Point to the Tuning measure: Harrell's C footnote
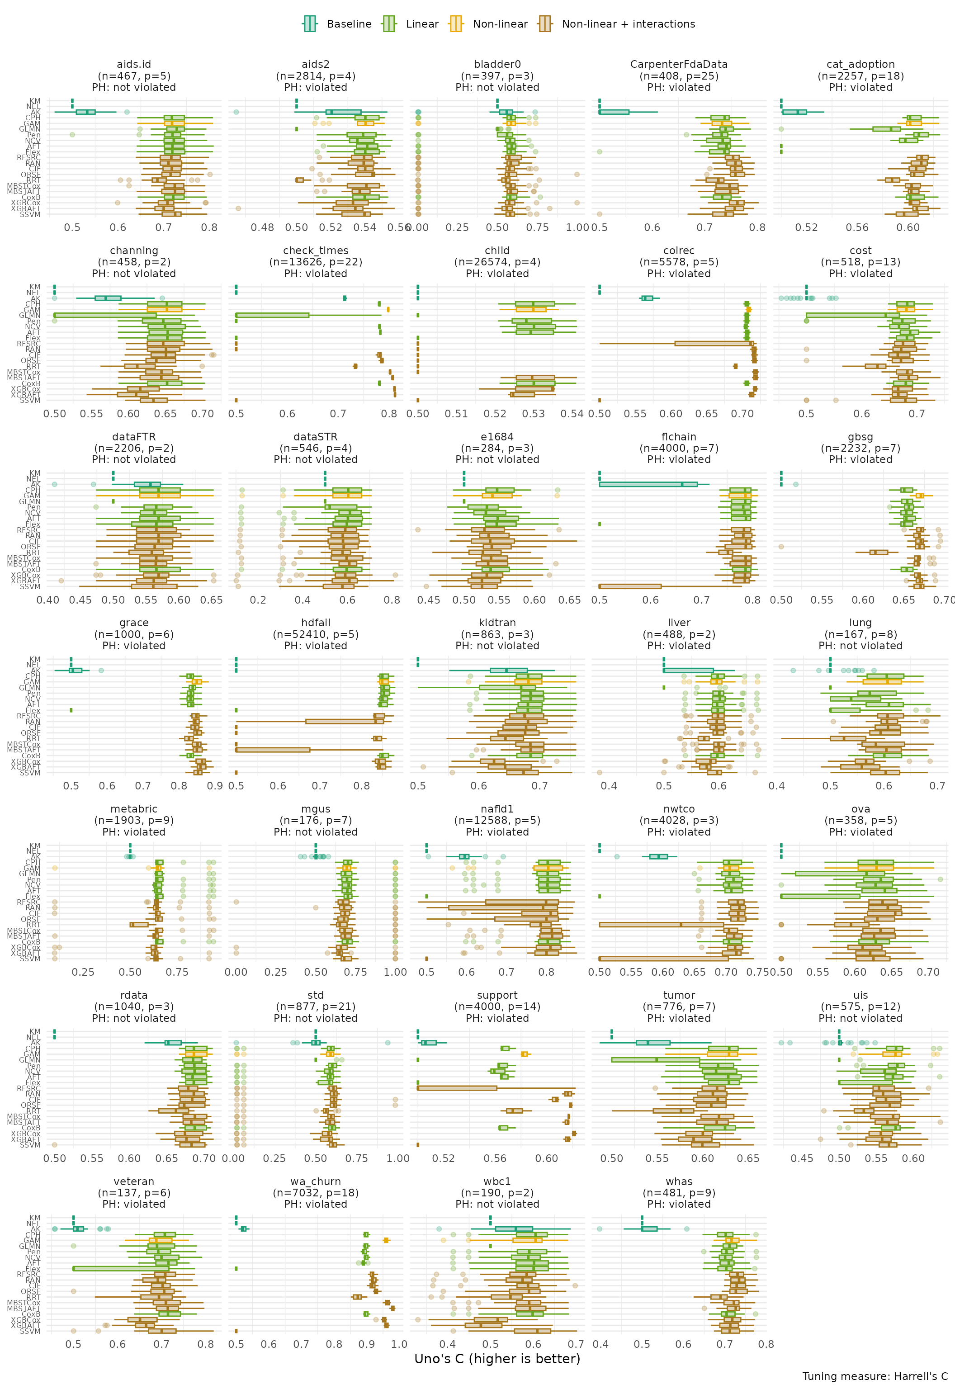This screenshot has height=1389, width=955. (875, 1376)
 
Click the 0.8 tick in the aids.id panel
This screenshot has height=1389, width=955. (209, 228)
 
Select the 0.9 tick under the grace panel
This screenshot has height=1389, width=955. (215, 786)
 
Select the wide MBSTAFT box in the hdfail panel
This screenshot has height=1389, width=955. (273, 750)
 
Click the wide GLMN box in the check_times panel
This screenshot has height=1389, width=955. (273, 315)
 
